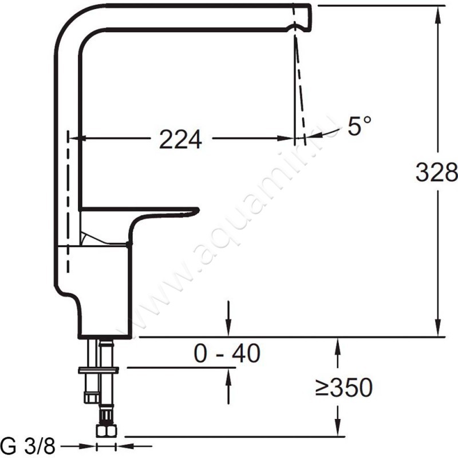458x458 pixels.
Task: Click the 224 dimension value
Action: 180,139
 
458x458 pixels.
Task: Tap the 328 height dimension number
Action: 437,172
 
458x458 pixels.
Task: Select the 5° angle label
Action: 360,125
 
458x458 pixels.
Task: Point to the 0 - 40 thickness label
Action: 227,353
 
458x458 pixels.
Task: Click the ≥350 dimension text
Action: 344,388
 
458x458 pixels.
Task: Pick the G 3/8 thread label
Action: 27,446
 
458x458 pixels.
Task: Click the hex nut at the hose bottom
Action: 106,431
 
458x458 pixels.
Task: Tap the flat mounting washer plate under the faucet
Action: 98,370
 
